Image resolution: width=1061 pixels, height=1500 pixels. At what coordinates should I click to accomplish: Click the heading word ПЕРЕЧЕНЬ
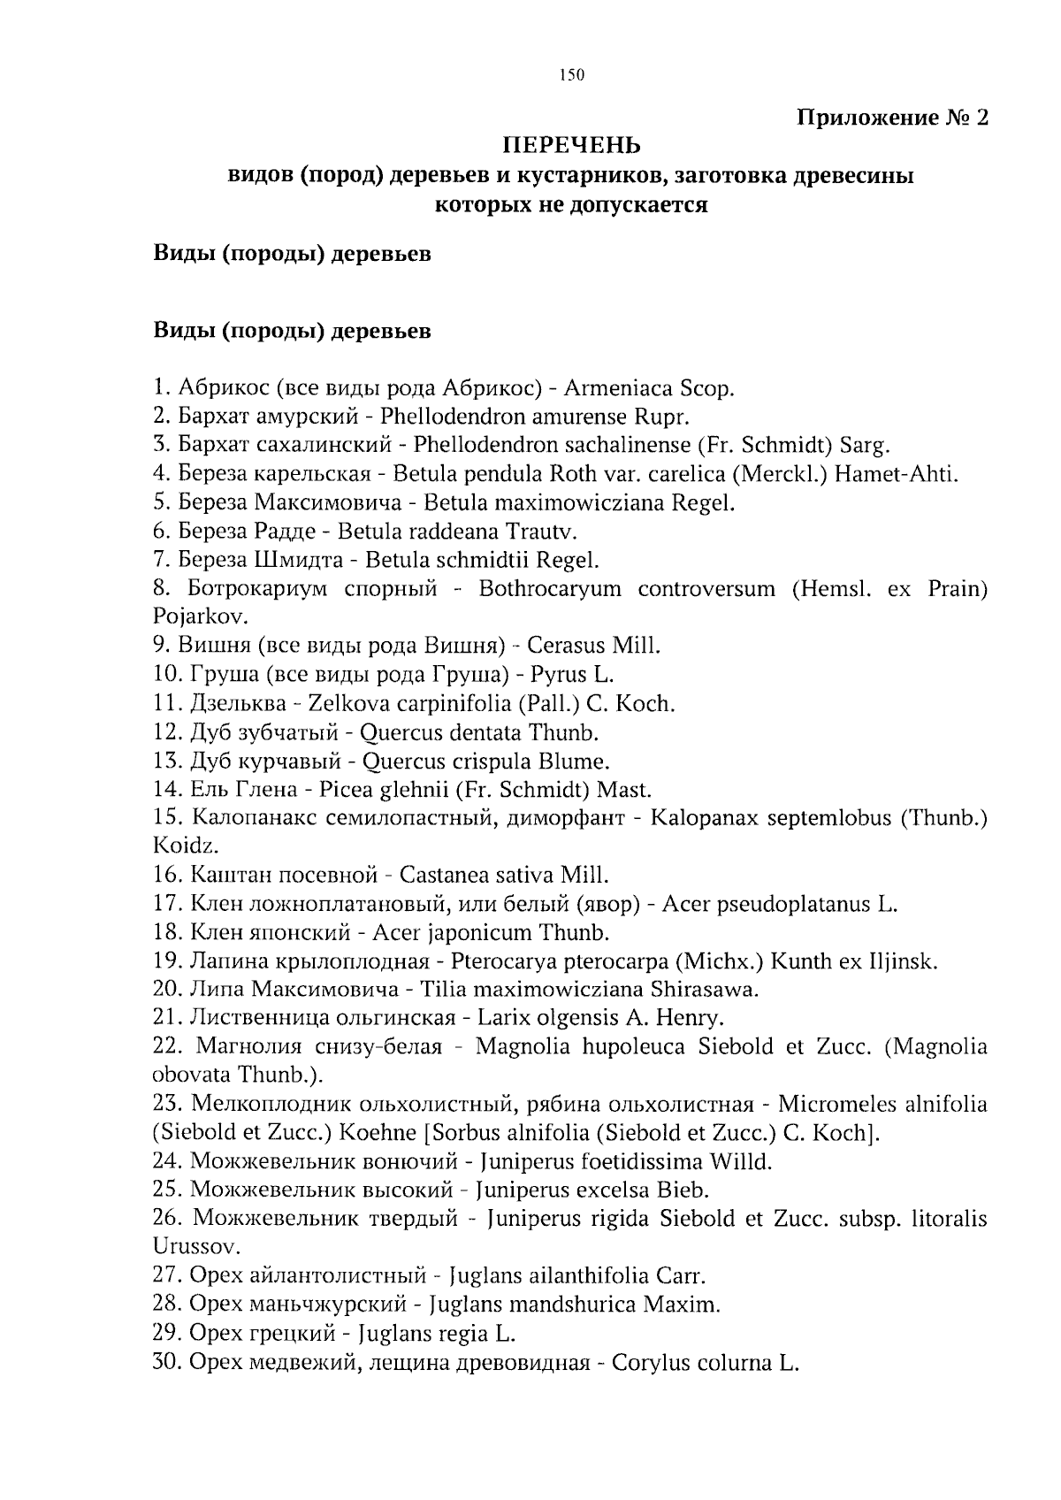point(571,144)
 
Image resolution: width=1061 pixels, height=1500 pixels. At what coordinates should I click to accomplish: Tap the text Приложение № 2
point(892,117)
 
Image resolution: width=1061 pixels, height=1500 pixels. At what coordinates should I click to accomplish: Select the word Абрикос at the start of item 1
point(222,387)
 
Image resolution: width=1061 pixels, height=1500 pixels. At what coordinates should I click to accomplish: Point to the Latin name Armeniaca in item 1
point(619,387)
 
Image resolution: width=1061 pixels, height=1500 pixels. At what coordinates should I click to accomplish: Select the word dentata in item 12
point(486,732)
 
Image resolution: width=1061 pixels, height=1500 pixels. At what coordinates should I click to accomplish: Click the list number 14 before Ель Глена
point(167,790)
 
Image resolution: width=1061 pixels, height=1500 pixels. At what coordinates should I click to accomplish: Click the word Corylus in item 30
point(647,1363)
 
